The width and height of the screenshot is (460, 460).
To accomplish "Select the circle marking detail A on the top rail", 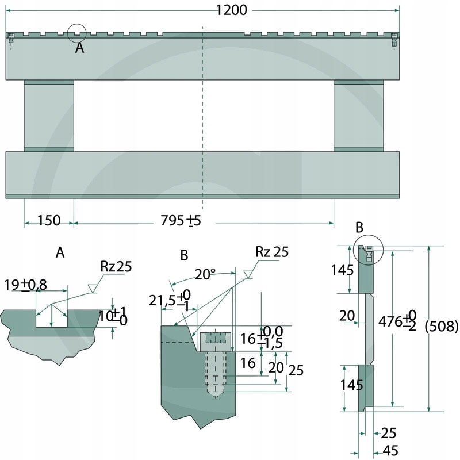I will pos(76,33).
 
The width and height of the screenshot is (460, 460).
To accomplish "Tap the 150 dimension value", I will pos(49,220).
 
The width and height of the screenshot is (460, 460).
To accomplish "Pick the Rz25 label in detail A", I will pos(116,266).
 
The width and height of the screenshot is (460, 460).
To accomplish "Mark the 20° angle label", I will pos(205,274).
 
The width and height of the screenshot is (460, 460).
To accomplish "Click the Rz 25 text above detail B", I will pos(273,251).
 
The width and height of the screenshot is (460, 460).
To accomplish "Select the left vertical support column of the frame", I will pos(49,116).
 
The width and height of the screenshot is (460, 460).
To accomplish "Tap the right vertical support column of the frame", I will pos(358,116).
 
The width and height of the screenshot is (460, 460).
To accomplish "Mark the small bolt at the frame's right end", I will pos(394,41).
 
